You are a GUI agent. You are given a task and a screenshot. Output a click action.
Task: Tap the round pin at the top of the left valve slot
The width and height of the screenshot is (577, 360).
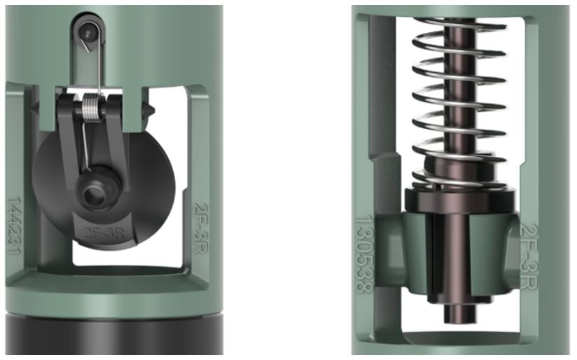click(x=86, y=32)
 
